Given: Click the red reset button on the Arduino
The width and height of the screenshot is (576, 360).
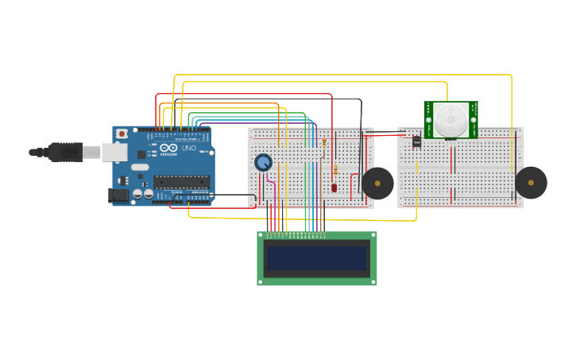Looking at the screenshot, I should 122,134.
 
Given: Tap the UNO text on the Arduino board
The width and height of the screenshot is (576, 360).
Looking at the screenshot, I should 189,148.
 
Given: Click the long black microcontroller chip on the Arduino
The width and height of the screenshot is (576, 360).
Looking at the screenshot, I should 182,181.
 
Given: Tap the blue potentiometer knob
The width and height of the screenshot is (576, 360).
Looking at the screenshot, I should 263,162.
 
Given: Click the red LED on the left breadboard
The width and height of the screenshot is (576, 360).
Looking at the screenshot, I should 334,188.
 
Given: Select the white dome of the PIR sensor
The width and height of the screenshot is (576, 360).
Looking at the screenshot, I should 450,120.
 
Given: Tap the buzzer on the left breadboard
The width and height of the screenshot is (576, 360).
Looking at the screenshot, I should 377,184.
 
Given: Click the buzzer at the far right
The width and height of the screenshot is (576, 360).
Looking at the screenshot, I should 531,183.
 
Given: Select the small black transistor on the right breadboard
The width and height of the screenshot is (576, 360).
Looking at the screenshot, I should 416,141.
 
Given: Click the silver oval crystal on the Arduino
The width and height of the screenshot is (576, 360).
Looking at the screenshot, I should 140,167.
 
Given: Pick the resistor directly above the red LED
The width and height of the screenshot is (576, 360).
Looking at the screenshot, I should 335,170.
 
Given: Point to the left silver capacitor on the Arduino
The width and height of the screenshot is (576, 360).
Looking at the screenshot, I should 137,193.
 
